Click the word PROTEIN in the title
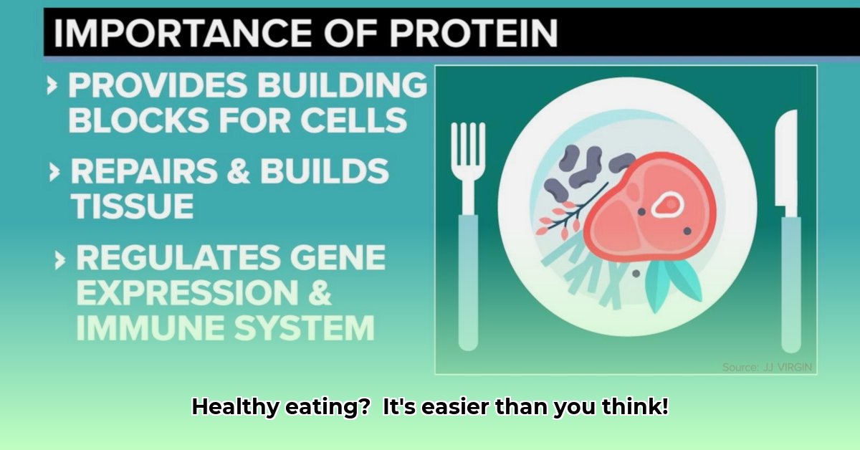click(473, 33)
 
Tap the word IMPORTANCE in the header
click(182, 33)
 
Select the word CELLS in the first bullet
click(353, 120)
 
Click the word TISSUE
click(132, 206)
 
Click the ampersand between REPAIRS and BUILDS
click(239, 171)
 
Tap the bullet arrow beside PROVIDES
click(52, 85)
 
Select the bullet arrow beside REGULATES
click(60, 260)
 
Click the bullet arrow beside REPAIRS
click(54, 172)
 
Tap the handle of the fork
click(469, 282)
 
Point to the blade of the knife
click(786, 161)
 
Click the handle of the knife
click(791, 284)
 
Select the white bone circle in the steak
click(667, 204)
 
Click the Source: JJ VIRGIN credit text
click(767, 367)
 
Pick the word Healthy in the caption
click(235, 407)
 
